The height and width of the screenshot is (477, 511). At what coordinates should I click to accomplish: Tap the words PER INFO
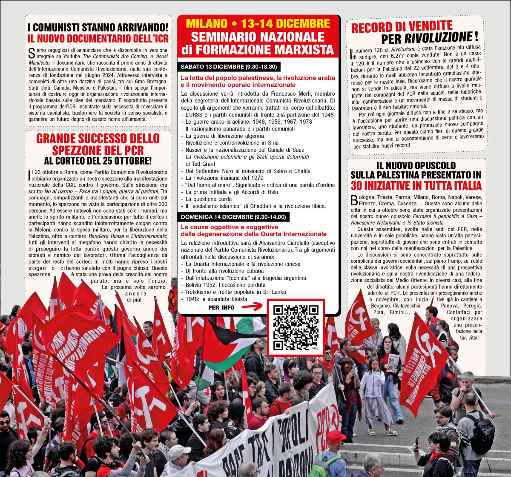221,307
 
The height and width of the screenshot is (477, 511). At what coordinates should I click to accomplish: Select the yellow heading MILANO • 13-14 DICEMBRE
258,23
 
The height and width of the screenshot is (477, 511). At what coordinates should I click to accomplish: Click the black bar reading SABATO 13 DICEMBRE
229,67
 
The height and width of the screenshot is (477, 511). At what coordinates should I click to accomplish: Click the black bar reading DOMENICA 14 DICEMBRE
233,217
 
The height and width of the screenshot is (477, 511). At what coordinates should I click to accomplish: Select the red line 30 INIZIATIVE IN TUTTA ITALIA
416,186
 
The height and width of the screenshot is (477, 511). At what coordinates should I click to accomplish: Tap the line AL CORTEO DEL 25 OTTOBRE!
98,161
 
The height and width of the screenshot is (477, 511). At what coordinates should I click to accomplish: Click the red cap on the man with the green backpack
335,436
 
